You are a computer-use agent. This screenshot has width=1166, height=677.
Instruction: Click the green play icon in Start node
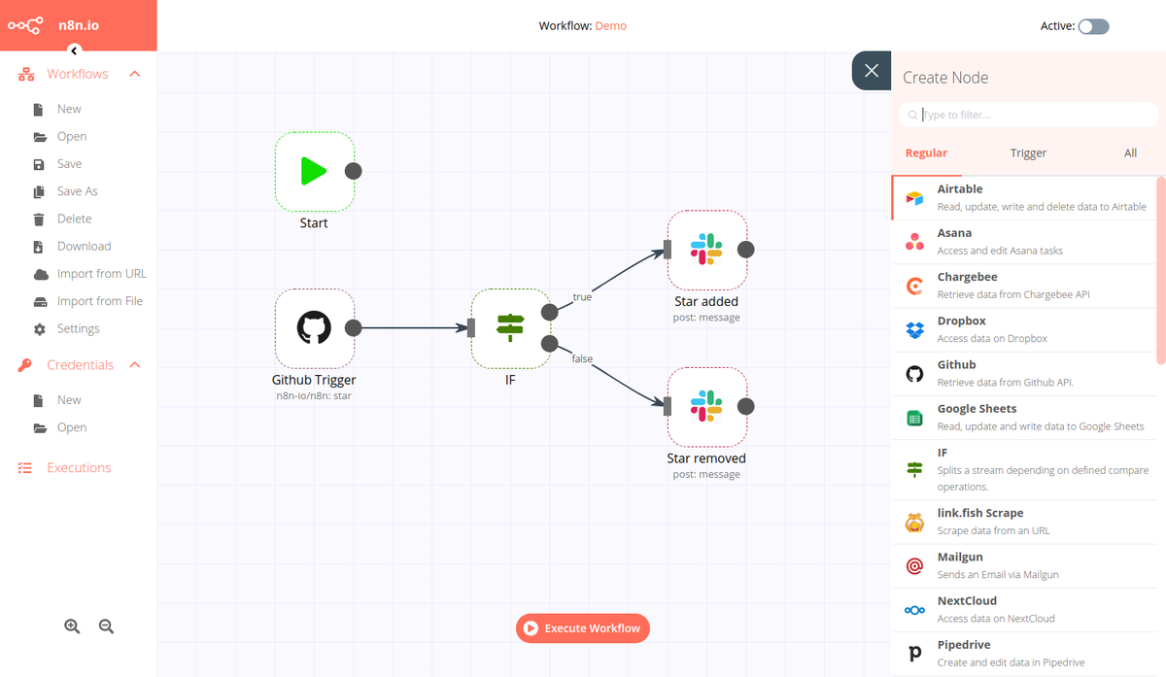click(313, 171)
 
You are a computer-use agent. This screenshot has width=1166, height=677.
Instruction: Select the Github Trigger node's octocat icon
click(314, 327)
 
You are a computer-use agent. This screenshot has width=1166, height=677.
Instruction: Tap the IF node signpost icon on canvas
click(509, 327)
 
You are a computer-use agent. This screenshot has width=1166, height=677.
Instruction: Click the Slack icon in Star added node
click(706, 249)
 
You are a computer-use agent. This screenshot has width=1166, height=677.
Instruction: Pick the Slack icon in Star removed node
click(706, 406)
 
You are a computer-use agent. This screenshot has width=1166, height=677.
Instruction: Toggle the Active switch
click(1093, 26)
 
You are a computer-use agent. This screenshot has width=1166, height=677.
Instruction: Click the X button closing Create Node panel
click(872, 71)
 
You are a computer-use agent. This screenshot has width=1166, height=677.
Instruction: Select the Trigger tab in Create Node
click(1028, 152)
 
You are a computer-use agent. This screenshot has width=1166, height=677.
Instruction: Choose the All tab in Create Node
click(1130, 152)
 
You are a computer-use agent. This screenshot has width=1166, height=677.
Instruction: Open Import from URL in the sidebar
click(101, 274)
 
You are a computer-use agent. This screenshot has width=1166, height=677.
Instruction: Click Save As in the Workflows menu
click(77, 191)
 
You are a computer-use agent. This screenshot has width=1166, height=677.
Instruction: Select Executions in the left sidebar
click(79, 467)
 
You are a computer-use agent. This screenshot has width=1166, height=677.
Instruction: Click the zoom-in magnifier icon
click(72, 626)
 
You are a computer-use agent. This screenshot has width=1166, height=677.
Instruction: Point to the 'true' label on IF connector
click(582, 297)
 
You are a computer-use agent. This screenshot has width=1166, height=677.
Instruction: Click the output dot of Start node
click(354, 171)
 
